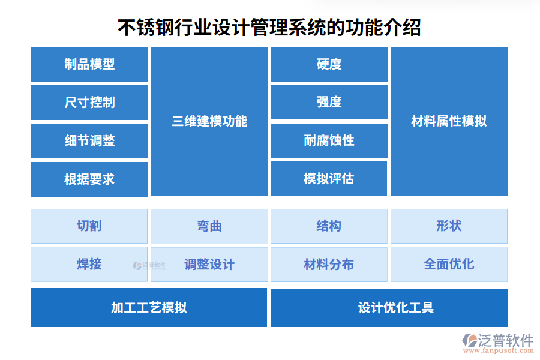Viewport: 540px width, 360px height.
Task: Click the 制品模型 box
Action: click(x=89, y=64)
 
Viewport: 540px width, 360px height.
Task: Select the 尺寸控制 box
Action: click(x=89, y=103)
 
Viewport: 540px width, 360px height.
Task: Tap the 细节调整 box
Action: click(x=89, y=141)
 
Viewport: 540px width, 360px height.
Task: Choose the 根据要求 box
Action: click(x=89, y=179)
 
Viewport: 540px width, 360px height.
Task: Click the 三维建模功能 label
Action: click(x=209, y=121)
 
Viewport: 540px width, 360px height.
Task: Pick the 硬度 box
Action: click(x=329, y=64)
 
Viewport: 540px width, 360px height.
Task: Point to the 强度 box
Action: click(x=329, y=103)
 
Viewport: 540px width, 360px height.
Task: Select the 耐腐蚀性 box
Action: click(x=329, y=141)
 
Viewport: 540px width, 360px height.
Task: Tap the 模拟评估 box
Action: click(x=329, y=179)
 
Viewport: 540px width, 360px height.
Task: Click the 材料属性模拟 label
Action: click(x=449, y=121)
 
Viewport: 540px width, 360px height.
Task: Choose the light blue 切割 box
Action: click(x=89, y=226)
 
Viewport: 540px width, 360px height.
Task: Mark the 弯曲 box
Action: click(x=209, y=226)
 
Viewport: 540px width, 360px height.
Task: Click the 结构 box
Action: click(x=329, y=226)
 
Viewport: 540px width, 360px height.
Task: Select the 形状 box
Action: click(x=449, y=226)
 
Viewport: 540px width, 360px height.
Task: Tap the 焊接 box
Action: click(x=89, y=264)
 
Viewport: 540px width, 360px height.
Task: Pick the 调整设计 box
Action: click(x=209, y=264)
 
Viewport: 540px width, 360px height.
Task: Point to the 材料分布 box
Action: click(x=329, y=264)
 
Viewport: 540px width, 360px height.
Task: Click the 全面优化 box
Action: click(x=449, y=264)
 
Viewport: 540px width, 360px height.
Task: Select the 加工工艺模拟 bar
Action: click(x=149, y=308)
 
